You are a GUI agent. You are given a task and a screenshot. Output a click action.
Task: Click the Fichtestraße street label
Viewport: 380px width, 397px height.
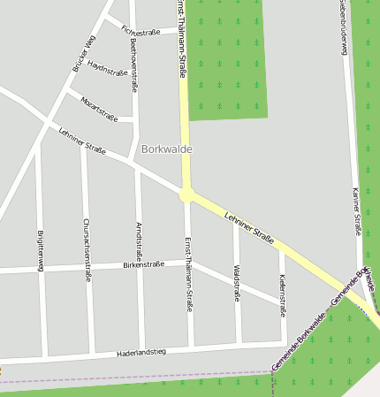(141, 31)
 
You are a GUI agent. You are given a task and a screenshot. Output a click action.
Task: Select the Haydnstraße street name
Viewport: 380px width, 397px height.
(108, 71)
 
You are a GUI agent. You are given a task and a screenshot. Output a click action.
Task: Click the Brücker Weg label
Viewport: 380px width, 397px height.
(84, 53)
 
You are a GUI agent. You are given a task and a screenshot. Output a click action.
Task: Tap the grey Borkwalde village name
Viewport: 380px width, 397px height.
(166, 149)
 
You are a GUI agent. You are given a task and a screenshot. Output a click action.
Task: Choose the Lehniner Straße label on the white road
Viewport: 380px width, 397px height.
(82, 141)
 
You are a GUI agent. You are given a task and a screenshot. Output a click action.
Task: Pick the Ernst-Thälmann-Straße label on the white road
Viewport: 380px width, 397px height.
(188, 274)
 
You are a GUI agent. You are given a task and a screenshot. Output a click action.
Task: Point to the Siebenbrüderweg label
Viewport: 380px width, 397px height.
(342, 27)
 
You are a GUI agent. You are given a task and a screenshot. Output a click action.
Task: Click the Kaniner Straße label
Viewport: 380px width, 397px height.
(356, 212)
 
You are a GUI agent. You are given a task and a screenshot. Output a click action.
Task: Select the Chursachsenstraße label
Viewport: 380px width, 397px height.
(87, 249)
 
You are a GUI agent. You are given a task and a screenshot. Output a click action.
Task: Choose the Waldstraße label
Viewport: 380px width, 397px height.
(237, 282)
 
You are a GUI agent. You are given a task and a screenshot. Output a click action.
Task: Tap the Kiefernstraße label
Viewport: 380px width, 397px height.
(282, 295)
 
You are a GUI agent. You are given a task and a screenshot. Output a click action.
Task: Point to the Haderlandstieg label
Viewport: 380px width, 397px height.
(141, 353)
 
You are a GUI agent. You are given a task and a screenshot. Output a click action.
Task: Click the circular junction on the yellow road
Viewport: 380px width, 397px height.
(186, 195)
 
